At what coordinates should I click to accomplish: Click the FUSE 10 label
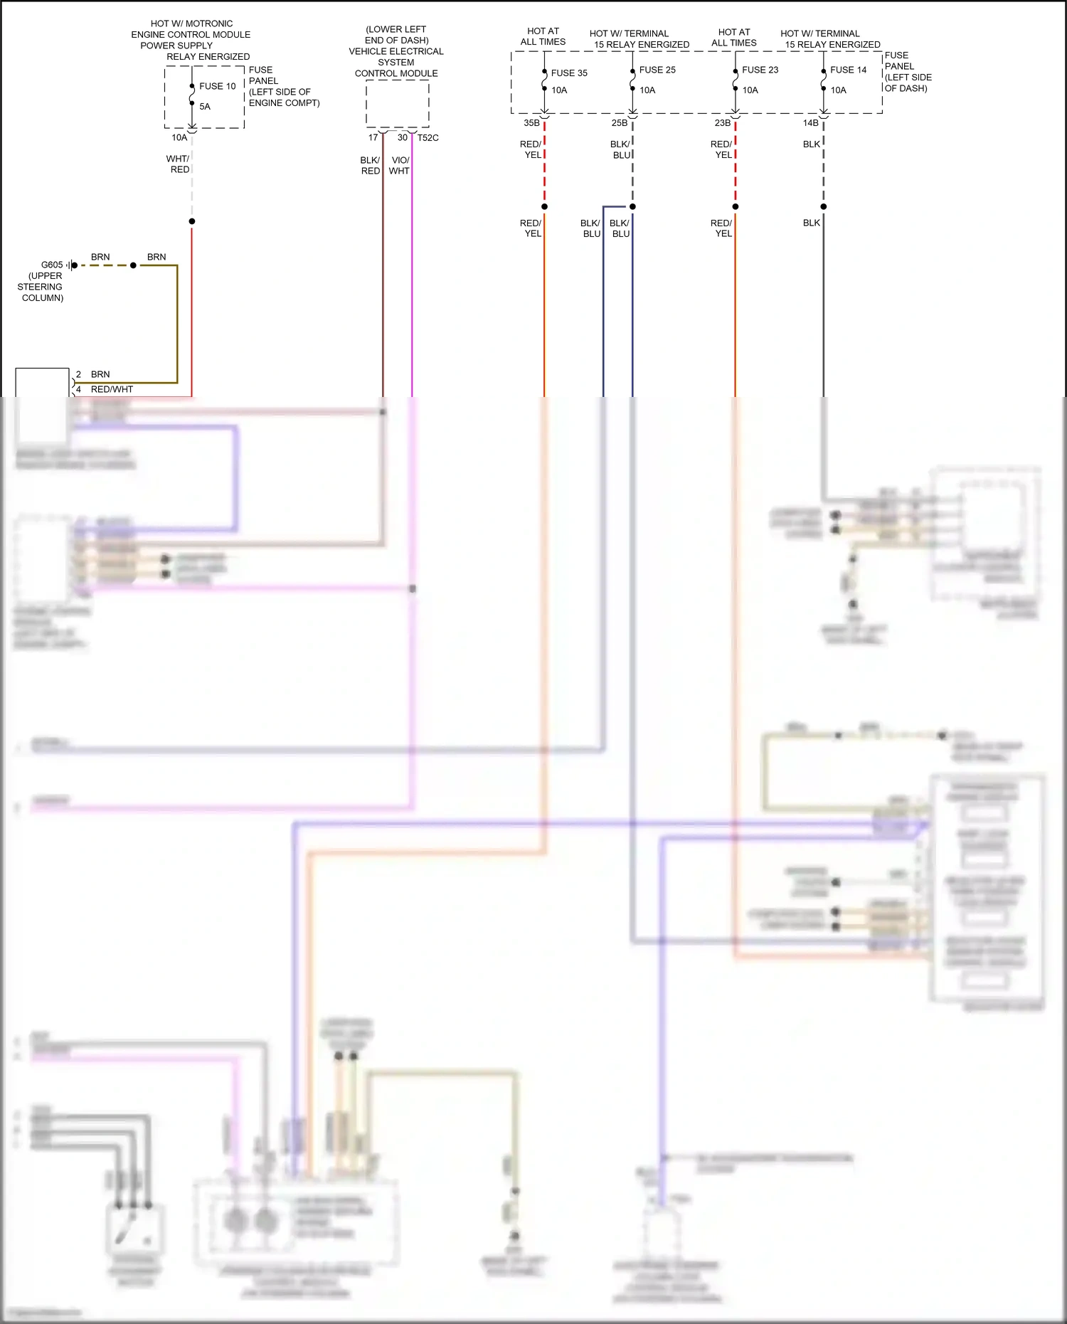click(217, 86)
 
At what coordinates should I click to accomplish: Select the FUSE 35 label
click(569, 73)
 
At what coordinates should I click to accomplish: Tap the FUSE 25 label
click(657, 70)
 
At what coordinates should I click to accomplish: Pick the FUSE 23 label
click(760, 70)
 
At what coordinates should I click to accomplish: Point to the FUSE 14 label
click(848, 70)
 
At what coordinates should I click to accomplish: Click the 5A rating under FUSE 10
click(205, 107)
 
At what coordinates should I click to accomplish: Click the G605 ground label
click(52, 265)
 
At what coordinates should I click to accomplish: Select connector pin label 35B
click(531, 123)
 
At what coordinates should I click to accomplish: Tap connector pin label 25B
click(620, 123)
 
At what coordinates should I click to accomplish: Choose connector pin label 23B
click(723, 123)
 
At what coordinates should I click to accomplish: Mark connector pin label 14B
click(811, 123)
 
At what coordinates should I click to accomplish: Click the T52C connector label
click(428, 138)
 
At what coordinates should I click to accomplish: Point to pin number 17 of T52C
click(373, 137)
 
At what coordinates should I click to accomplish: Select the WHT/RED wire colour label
click(179, 164)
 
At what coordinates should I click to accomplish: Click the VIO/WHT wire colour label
click(400, 166)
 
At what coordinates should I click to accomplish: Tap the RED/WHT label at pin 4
click(112, 389)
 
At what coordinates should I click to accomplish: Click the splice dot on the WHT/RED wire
click(192, 221)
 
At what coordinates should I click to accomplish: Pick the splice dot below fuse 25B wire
click(632, 207)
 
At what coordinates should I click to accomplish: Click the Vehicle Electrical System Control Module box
click(397, 104)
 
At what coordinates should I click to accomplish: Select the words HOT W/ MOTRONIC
click(191, 23)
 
